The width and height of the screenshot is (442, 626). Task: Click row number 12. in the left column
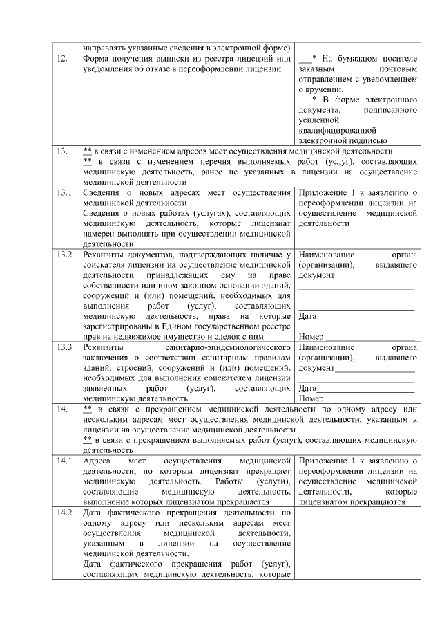coord(62,59)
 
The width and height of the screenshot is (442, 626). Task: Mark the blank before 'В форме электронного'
coord(305,100)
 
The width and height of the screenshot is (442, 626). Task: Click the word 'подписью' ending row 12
coord(374,140)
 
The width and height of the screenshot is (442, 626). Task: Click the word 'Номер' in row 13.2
coord(311,337)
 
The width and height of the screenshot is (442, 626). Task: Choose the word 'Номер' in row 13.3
coord(311,398)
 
